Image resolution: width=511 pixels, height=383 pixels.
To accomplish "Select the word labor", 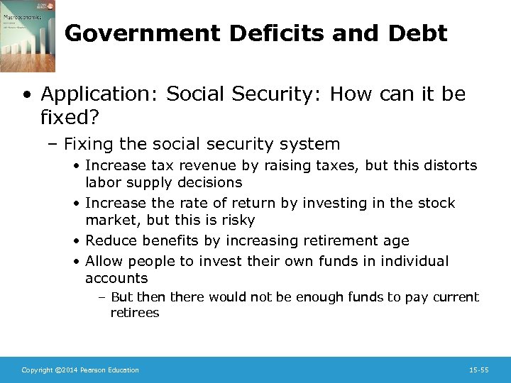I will click(103, 182).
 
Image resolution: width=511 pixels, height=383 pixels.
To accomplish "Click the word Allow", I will click(104, 261).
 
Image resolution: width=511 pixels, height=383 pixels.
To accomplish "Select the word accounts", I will click(116, 278).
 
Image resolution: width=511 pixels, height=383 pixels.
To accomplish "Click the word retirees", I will click(135, 313).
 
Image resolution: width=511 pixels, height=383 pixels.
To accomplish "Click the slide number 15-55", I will click(478, 370).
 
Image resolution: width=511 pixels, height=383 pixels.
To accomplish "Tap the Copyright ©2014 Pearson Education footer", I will click(80, 370).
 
